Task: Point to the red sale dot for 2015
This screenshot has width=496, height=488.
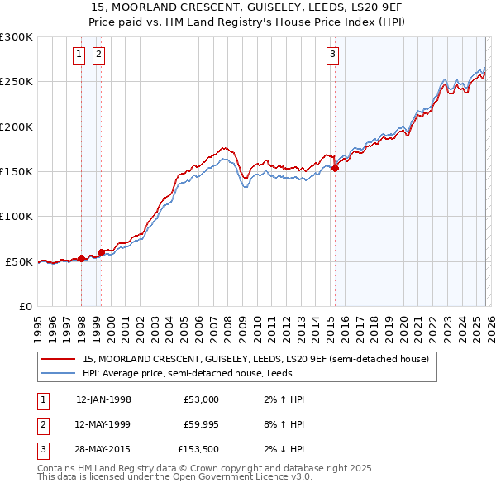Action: click(x=336, y=168)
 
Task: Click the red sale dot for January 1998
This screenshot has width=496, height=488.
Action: click(x=81, y=258)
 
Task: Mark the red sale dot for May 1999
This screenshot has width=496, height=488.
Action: click(x=101, y=252)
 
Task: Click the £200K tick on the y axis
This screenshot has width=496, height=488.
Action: click(x=17, y=127)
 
